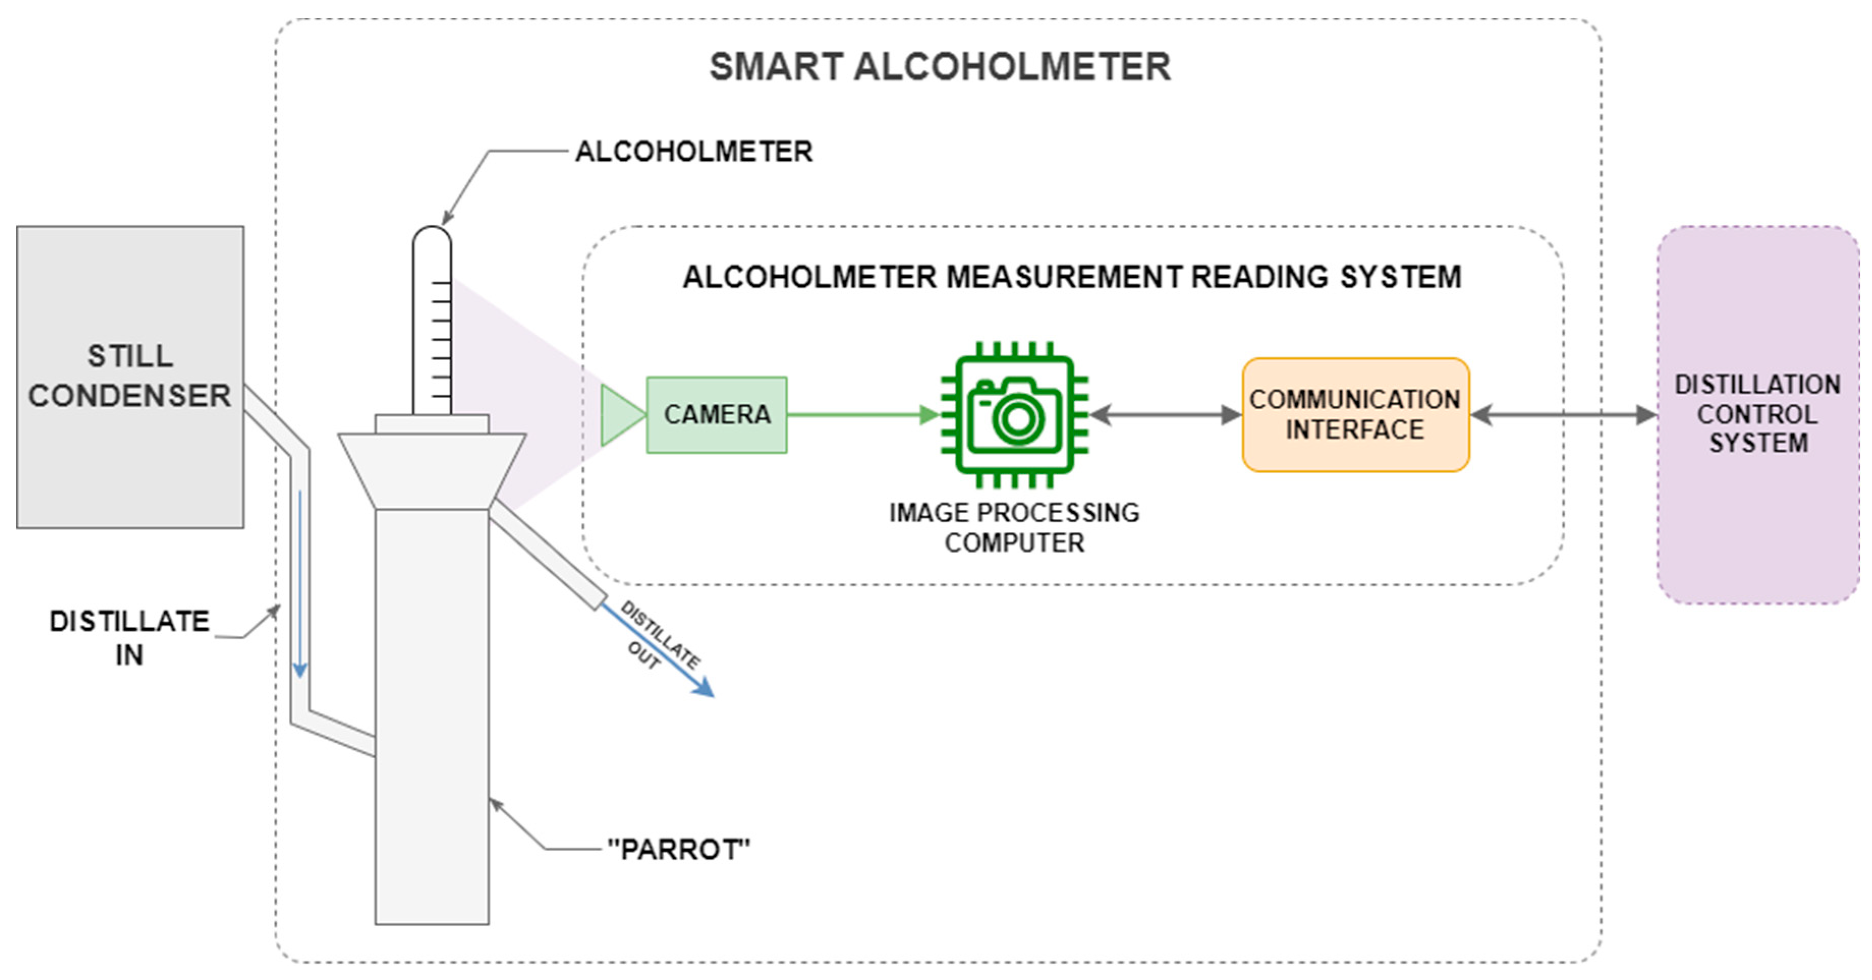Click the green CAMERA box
(x=717, y=415)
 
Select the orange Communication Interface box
(x=1355, y=415)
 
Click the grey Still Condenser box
(x=130, y=377)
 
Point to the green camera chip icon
(x=1014, y=415)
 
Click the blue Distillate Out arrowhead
(x=703, y=687)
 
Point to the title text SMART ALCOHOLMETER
(x=940, y=67)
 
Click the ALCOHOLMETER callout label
(x=694, y=151)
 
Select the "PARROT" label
(x=678, y=849)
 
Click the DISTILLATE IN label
(x=129, y=637)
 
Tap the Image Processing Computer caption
(x=1014, y=528)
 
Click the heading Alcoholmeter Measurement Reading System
(x=1072, y=277)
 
